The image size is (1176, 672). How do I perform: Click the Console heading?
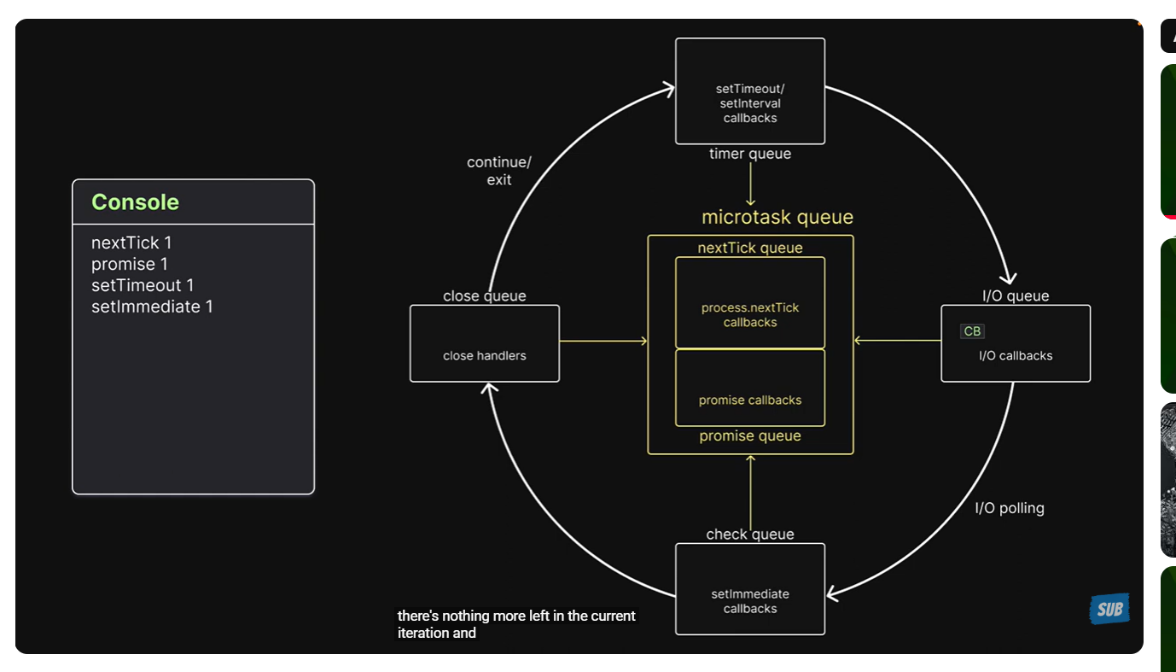click(x=136, y=202)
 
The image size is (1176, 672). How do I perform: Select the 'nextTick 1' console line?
click(x=131, y=243)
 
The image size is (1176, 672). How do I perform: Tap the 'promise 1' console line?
click(x=129, y=265)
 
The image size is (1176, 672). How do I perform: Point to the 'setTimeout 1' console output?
click(x=143, y=285)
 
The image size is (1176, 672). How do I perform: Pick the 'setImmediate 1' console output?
click(x=152, y=307)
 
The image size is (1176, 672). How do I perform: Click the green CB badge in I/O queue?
click(x=972, y=331)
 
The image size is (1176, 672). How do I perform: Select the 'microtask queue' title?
click(x=777, y=217)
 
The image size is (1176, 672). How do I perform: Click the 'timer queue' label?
click(x=750, y=154)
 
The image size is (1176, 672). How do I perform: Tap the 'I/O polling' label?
click(x=1010, y=508)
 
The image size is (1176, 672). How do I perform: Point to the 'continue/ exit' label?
click(x=499, y=171)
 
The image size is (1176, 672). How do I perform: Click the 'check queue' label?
click(x=750, y=534)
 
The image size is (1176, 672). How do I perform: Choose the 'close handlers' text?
click(x=485, y=356)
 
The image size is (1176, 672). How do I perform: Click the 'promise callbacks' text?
click(x=750, y=400)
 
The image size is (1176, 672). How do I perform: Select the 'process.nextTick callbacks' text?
click(x=750, y=315)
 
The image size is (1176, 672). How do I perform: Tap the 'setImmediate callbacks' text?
click(x=750, y=601)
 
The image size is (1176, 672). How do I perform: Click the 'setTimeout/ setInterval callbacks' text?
click(x=750, y=103)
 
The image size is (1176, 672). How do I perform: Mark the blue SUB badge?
click(x=1109, y=609)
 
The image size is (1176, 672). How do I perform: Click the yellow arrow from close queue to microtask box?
click(x=603, y=341)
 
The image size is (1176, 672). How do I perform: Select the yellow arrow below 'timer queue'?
click(x=750, y=184)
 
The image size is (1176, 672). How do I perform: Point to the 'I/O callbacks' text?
click(x=1016, y=356)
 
